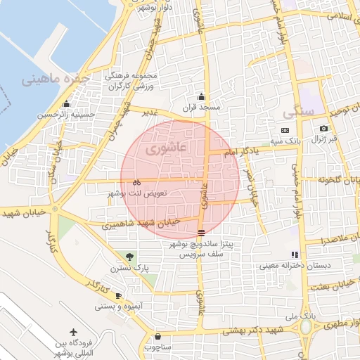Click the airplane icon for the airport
pyautogui.click(x=75, y=332)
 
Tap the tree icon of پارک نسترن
pyautogui.click(x=129, y=256)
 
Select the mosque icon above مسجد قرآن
pyautogui.click(x=202, y=96)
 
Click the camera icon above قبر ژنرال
pyautogui.click(x=323, y=129)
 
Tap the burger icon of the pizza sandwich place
pyautogui.click(x=202, y=233)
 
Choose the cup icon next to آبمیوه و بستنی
pyautogui.click(x=118, y=295)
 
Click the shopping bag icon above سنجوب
pyautogui.click(x=157, y=337)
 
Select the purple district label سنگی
pyautogui.click(x=297, y=112)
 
